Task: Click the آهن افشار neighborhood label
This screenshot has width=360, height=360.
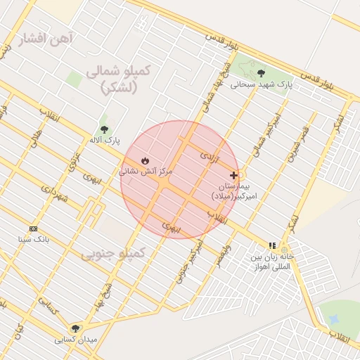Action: click(46, 37)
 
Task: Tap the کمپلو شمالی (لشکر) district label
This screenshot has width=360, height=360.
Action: click(117, 79)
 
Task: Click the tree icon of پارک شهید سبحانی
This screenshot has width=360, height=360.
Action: click(261, 72)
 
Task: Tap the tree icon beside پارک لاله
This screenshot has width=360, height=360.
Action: click(105, 129)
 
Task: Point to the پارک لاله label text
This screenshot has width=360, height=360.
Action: click(104, 140)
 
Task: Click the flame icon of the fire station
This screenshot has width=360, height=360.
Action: click(146, 160)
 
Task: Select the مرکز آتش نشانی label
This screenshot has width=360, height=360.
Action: click(146, 171)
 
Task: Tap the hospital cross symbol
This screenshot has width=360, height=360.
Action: click(234, 175)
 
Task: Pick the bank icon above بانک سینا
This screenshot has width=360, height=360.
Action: click(33, 229)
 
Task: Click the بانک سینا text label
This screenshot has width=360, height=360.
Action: click(34, 239)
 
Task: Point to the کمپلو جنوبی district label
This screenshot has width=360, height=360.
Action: click(113, 252)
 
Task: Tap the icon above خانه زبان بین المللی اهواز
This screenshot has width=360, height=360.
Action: click(271, 245)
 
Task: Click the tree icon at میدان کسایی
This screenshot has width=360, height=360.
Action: click(75, 328)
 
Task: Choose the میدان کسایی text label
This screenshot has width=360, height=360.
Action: click(76, 339)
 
